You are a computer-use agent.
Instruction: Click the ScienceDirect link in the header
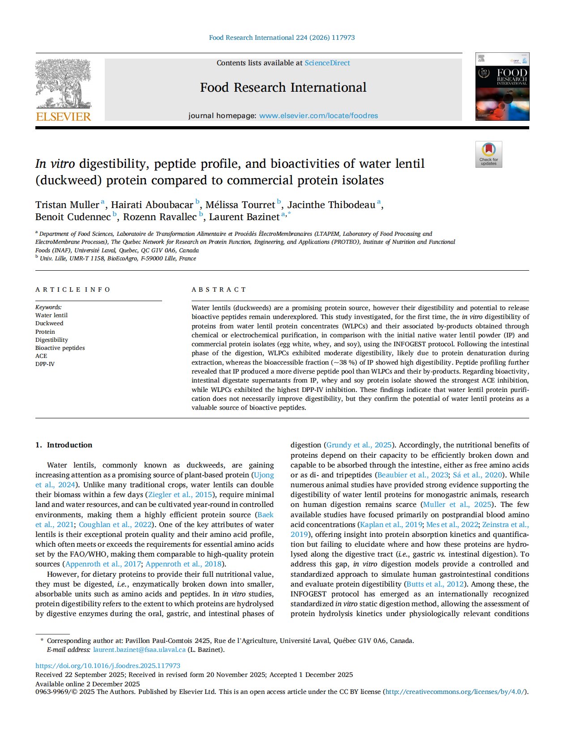click(x=327, y=63)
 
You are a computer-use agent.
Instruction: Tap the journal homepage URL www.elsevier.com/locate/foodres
click(x=318, y=116)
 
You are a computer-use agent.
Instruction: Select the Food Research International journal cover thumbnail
click(x=502, y=87)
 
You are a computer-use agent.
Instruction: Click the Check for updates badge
click(x=488, y=154)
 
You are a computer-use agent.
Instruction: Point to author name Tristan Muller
click(x=67, y=205)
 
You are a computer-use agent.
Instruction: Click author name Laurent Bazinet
click(x=244, y=217)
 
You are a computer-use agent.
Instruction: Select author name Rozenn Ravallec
click(x=159, y=217)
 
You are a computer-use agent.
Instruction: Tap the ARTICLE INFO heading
click(x=73, y=289)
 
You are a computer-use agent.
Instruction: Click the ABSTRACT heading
click(x=219, y=289)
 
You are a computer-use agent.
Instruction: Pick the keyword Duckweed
click(x=49, y=323)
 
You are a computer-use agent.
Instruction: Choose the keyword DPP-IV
click(x=45, y=364)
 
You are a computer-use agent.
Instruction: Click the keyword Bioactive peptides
click(x=60, y=348)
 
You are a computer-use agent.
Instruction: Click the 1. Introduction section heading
click(x=64, y=445)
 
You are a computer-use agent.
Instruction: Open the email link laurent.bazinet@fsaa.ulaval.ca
click(x=139, y=650)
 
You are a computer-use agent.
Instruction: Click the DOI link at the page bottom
click(x=108, y=666)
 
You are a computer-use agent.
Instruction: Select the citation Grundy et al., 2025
click(x=359, y=445)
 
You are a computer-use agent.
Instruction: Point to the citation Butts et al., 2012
click(x=435, y=584)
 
